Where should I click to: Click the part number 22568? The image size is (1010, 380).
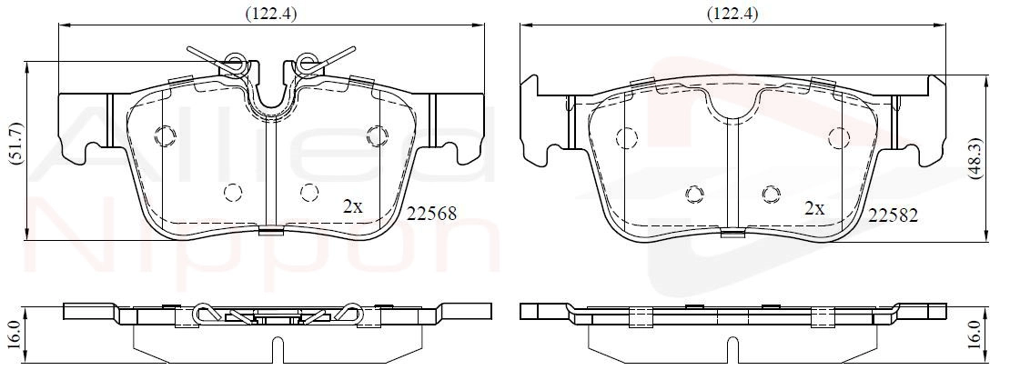point(431,214)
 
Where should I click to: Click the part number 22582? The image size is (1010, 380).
point(893,215)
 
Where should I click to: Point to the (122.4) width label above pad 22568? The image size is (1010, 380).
point(269,13)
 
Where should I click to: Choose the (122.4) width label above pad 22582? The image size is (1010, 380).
point(732,13)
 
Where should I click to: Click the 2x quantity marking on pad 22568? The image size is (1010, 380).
point(353,206)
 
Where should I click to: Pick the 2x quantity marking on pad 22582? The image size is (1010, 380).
point(815,209)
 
